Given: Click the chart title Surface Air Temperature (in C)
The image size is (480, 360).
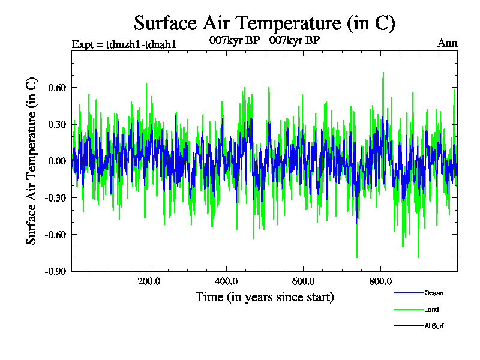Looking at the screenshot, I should point(265,23).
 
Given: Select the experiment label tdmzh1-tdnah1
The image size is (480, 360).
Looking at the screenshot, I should point(124,44).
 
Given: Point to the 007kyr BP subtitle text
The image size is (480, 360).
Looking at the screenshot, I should point(265,41).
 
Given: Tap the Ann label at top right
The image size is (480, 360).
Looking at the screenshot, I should point(447,43).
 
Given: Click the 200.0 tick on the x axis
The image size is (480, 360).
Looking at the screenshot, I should point(149,281).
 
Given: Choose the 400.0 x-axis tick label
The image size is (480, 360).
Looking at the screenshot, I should point(226,281).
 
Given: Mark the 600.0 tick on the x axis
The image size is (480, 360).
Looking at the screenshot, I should point(304,281).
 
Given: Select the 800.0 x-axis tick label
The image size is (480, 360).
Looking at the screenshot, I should point(380,281).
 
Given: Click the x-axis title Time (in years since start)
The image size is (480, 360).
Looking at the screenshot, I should point(265,297).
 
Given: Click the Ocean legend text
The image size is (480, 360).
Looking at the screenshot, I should point(434,293).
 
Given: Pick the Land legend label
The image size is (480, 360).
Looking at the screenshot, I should point(431,310).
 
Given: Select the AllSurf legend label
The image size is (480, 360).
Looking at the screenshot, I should point(434,326).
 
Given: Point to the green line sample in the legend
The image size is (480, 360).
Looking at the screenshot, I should point(408,310).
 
